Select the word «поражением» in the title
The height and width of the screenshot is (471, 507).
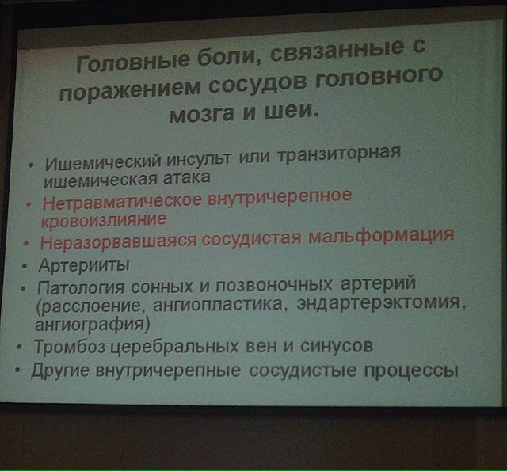130,89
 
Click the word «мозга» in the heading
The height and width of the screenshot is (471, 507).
201,114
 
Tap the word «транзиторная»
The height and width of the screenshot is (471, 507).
339,153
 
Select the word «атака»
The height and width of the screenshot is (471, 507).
187,177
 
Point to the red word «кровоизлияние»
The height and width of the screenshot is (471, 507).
104,221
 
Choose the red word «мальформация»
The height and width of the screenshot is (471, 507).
382,236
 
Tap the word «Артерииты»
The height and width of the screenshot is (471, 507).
84,265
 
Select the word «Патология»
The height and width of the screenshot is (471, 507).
81,287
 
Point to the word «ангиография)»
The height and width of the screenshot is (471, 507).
93,324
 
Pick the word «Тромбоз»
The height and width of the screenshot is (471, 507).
70,346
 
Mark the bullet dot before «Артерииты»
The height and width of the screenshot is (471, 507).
25,267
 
